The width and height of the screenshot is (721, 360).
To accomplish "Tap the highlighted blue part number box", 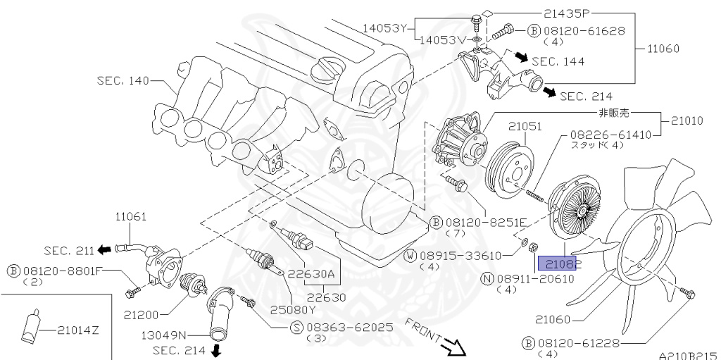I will [558, 263].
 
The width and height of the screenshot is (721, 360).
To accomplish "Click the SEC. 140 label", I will [123, 81].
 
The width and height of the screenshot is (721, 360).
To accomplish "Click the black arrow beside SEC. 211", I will [104, 249].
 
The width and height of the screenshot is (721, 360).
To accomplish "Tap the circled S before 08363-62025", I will [296, 328].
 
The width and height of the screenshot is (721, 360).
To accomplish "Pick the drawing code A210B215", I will [687, 355].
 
